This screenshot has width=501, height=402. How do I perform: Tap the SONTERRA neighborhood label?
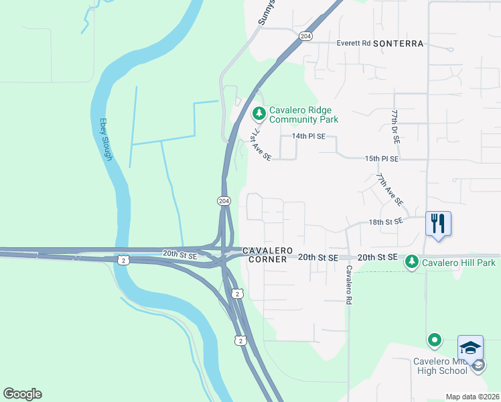(x=398, y=44)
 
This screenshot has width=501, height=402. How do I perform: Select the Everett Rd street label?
(x=354, y=43)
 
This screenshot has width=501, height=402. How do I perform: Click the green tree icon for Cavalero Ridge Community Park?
(x=259, y=113)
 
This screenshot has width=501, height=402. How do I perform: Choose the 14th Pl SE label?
(x=308, y=136)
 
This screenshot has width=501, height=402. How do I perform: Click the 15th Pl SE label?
(x=382, y=159)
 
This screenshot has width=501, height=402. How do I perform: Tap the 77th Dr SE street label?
(x=396, y=127)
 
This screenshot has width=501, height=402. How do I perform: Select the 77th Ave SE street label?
(x=389, y=190)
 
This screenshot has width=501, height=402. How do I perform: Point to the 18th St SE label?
(x=386, y=221)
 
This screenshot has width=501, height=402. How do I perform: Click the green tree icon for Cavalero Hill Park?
(x=412, y=263)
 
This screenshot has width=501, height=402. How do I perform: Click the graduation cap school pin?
(x=470, y=348)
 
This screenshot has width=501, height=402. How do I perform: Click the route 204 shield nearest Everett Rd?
(x=305, y=36)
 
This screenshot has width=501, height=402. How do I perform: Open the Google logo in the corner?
(x=22, y=394)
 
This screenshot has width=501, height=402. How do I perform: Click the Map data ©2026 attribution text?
(x=472, y=397)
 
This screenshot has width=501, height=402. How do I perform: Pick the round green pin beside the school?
(x=434, y=340)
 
